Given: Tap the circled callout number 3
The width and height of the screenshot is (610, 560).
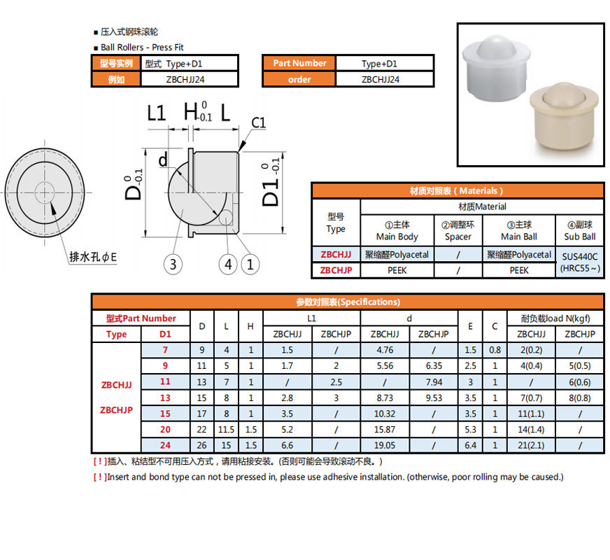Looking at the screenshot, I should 173,265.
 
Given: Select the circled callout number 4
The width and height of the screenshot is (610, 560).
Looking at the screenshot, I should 228,265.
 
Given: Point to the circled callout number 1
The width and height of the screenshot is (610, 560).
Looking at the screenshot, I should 250,265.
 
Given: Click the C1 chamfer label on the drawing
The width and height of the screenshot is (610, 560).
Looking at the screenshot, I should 258,123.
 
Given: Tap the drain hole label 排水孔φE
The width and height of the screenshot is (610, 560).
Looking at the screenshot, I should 93,257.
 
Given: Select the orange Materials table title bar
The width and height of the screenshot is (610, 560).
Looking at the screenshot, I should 457,190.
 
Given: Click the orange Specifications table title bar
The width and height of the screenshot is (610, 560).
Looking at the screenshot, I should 348,302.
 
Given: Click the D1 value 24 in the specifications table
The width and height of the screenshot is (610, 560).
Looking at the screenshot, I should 165,445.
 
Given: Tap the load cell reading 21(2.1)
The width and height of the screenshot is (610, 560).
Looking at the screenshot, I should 532,445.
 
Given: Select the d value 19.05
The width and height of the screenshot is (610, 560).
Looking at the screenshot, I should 384,445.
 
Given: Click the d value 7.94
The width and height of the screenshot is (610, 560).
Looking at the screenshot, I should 433,382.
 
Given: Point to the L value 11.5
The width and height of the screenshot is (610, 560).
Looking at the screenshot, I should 226,429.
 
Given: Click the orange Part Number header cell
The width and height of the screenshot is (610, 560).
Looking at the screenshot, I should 299,63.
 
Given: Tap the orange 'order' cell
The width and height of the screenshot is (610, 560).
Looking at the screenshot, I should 299,79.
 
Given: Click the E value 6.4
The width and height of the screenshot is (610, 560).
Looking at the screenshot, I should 470,445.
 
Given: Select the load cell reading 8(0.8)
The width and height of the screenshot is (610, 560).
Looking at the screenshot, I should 580,398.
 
